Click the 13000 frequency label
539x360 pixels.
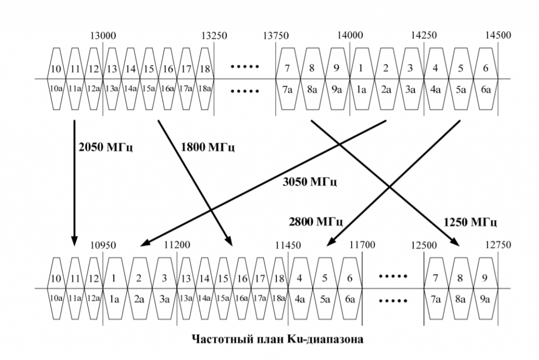point(103,36)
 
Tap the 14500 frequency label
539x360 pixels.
point(497,36)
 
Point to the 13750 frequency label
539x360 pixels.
point(276,36)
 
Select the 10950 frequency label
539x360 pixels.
point(103,245)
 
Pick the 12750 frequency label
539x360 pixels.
point(498,245)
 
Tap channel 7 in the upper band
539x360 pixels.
point(287,68)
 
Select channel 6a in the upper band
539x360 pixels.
point(485,89)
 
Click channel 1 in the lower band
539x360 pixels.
point(115,277)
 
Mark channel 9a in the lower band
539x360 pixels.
point(485,299)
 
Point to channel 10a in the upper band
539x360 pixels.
point(56,89)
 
